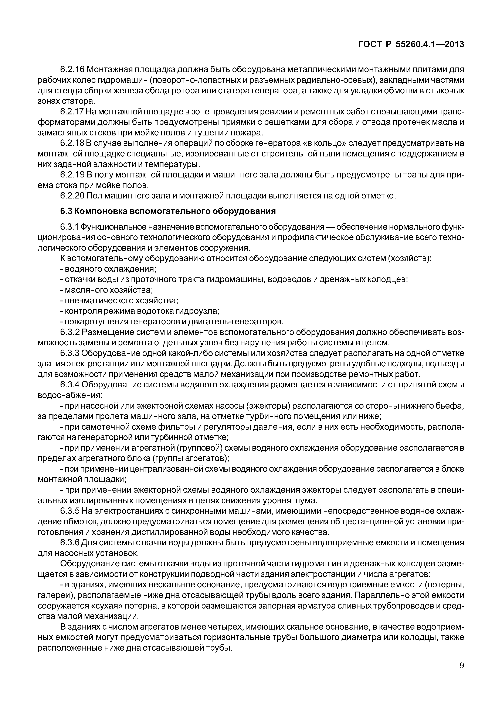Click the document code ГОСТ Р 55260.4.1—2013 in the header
point(411,45)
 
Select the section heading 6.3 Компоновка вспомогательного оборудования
point(168,211)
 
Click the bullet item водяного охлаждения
point(108,269)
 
